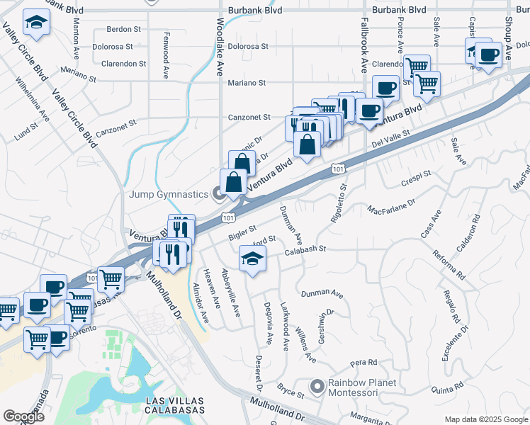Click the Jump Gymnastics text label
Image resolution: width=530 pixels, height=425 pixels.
tap(167, 194)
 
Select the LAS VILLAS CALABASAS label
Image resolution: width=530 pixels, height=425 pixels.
tap(174, 405)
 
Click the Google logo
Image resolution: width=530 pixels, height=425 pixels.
tap(23, 416)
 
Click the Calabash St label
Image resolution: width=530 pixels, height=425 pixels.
tap(305, 249)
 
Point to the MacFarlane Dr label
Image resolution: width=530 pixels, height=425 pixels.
tap(391, 209)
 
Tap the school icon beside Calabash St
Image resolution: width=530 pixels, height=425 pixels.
tap(253, 259)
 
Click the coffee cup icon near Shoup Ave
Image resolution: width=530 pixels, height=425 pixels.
tap(487, 55)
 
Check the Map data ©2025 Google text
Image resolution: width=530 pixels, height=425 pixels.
tap(485, 419)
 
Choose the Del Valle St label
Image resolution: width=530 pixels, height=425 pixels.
tap(390, 140)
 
